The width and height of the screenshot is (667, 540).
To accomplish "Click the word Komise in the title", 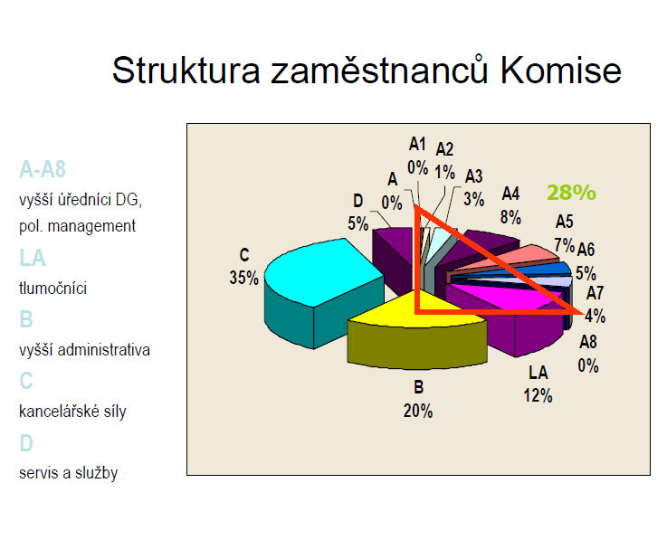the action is pos(560,71).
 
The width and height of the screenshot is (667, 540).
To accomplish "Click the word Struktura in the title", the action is pos(186,71).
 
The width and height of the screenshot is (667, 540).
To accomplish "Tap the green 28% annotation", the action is pos(571,192).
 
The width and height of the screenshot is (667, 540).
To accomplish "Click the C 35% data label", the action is pos(243,267).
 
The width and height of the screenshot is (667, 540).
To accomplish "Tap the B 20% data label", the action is pos(418,399).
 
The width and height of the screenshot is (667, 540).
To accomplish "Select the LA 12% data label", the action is pos(538,384).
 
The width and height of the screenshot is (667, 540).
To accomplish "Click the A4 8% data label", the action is pos(511,205).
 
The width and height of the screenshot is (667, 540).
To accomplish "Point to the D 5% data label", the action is pos(358,212).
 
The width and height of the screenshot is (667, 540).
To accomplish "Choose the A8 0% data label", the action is pos(588,354).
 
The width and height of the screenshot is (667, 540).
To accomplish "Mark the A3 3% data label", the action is pos(474,187).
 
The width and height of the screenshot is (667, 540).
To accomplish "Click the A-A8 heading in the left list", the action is pos(43,169).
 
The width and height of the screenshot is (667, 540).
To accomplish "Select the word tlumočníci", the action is pos(52,289).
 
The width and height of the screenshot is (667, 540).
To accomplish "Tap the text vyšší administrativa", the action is pos(84,350).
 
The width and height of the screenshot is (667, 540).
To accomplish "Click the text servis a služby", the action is pos(68,473).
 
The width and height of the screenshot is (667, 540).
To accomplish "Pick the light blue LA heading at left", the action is pos(33,258).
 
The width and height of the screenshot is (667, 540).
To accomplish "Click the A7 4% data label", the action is pos(596,305).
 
